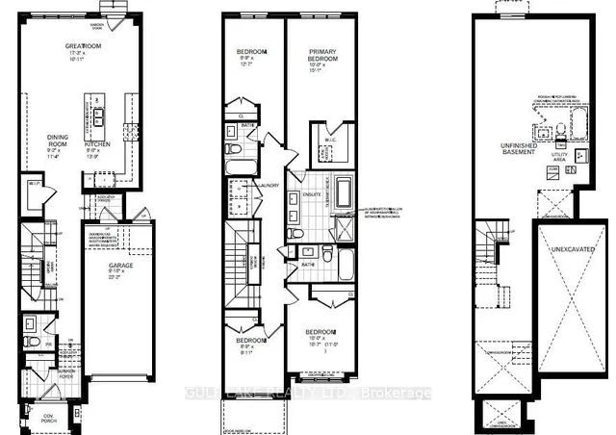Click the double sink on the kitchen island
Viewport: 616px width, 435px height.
click(x=99, y=114)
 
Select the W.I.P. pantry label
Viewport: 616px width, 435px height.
click(x=34, y=183)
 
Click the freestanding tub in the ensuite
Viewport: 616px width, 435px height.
click(x=343, y=192)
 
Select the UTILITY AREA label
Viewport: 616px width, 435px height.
click(x=557, y=153)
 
